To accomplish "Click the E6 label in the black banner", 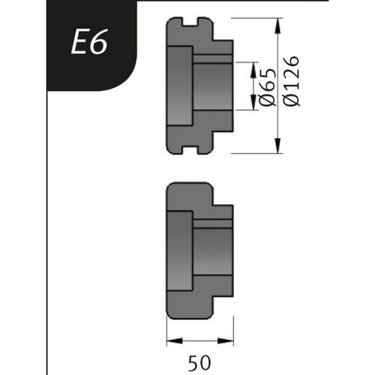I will (x=89, y=44).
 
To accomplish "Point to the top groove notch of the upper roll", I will (x=190, y=22).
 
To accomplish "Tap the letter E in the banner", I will (x=79, y=44).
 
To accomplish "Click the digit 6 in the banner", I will (x=99, y=44).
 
